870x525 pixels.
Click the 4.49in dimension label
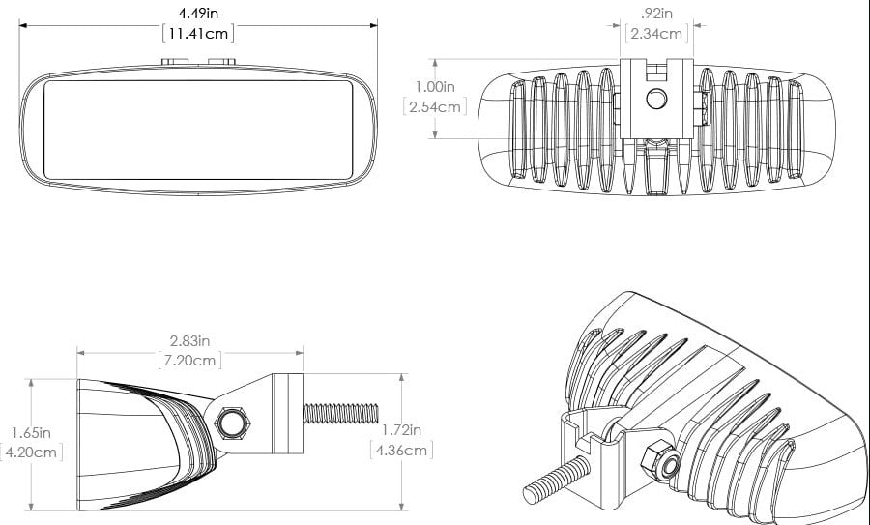[x=198, y=13]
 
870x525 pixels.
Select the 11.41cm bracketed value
[x=198, y=33]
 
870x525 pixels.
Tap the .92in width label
[x=656, y=13]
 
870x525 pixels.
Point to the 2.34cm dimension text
[x=656, y=33]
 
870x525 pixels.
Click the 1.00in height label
[x=435, y=87]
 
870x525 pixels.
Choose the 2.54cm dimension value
[x=435, y=106]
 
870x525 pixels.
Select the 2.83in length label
[x=189, y=340]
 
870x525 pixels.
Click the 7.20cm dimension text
[x=189, y=361]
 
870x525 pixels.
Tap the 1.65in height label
[x=31, y=432]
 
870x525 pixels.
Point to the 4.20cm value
[x=31, y=452]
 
